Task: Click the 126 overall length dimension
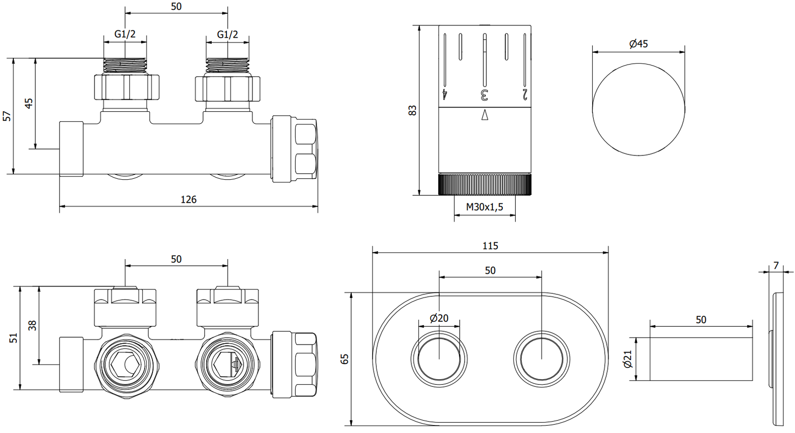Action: tap(188, 200)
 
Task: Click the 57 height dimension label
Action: tap(7, 116)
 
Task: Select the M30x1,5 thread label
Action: tap(484, 207)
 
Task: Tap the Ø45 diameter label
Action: tap(638, 44)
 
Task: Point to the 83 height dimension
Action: tap(412, 110)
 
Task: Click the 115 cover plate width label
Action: tap(490, 246)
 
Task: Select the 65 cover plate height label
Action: tap(345, 359)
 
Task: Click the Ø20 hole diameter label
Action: tap(439, 318)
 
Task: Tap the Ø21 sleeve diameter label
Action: tap(628, 359)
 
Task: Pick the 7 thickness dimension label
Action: tap(776, 266)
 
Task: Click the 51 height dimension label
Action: tap(13, 338)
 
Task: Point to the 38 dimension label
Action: tap(32, 326)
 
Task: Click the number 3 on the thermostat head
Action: tap(484, 94)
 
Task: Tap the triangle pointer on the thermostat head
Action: tap(485, 115)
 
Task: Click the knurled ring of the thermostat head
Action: tap(484, 184)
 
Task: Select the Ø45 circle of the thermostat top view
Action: tap(638, 109)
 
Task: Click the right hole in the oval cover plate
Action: tap(541, 359)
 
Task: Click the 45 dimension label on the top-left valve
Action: tap(29, 103)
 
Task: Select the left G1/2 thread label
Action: tap(125, 34)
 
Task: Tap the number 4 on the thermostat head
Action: tap(445, 94)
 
